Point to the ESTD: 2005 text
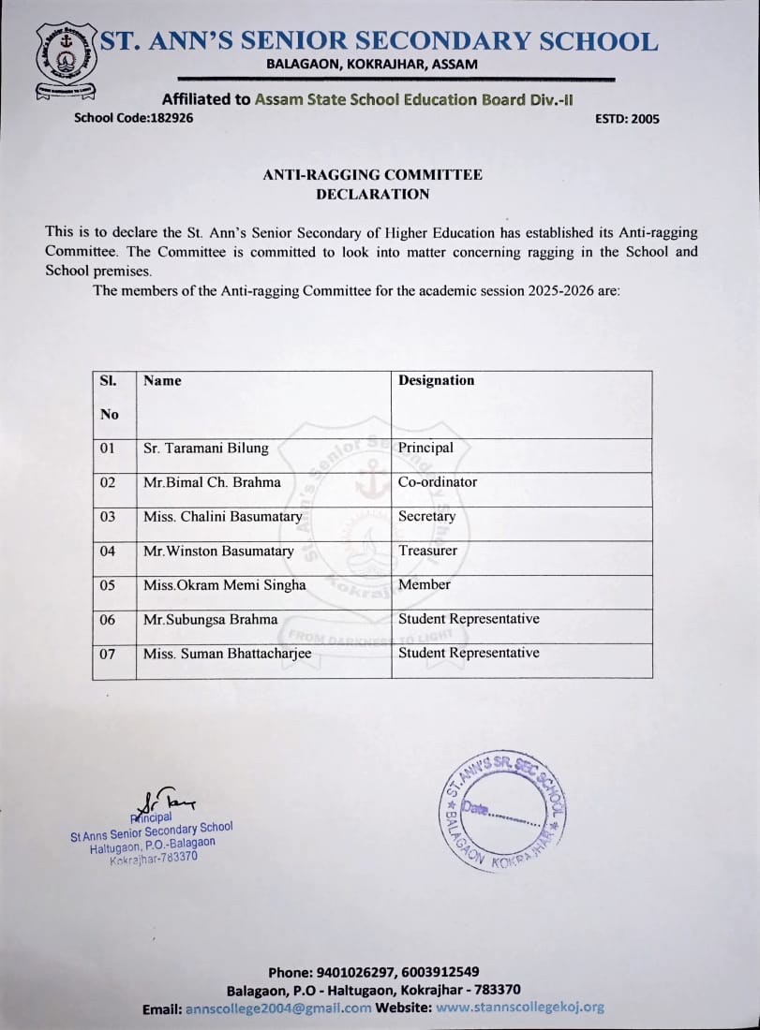tap(627, 119)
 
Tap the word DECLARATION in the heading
tap(372, 194)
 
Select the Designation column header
tap(436, 380)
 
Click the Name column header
tap(162, 380)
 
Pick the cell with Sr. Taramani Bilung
tap(205, 448)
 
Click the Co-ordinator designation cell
tap(437, 481)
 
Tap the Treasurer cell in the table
tap(427, 551)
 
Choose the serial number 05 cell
tap(108, 585)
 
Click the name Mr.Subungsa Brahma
tap(210, 619)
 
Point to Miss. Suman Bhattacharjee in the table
tap(227, 654)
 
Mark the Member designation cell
tap(424, 584)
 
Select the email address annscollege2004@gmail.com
tap(278, 1008)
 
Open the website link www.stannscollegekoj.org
tap(520, 1008)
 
